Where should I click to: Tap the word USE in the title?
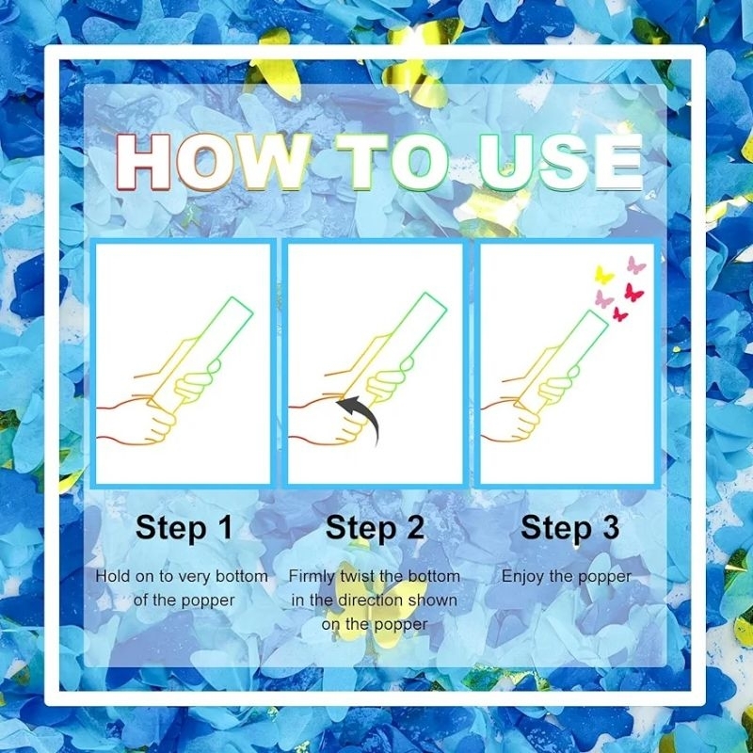point(561,162)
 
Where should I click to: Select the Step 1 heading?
point(184,528)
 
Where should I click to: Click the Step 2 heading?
point(375,528)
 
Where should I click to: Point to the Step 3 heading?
point(570,528)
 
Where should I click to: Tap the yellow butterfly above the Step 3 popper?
point(603,275)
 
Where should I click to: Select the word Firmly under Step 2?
point(312,577)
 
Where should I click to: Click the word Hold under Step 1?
point(113,576)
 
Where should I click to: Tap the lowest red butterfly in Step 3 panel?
point(620,314)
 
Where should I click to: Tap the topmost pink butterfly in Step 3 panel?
point(636,265)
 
